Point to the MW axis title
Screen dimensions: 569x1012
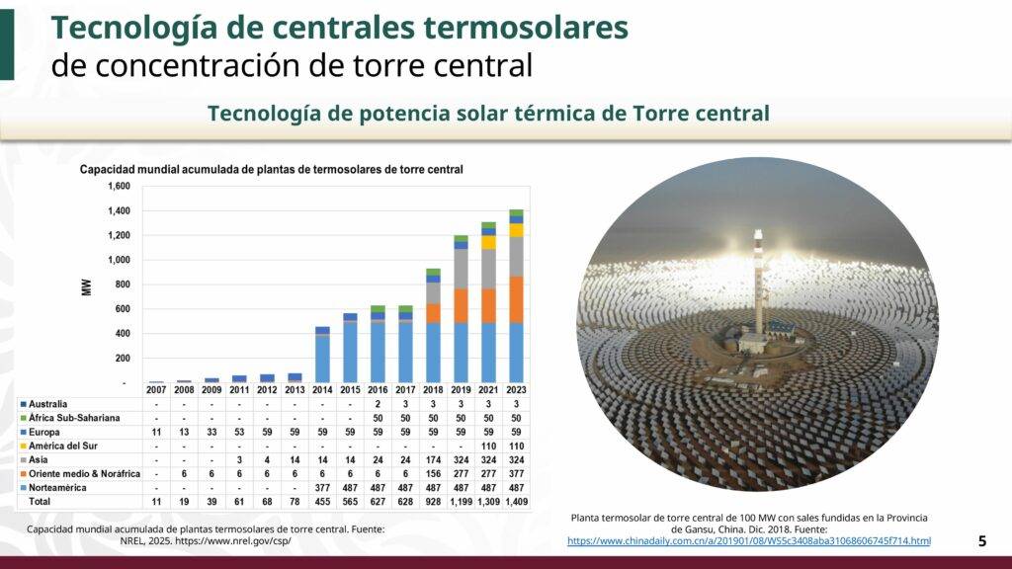pyautogui.click(x=87, y=286)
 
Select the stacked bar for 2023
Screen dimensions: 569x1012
pyautogui.click(x=516, y=296)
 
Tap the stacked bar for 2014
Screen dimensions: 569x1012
pyautogui.click(x=322, y=356)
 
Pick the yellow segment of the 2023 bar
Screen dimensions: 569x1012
pyautogui.click(x=516, y=230)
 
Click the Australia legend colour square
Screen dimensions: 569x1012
pyautogui.click(x=24, y=404)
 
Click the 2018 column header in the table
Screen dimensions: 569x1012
pyautogui.click(x=433, y=390)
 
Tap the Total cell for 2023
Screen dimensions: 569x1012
pyautogui.click(x=516, y=502)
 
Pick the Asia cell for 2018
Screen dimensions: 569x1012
pyautogui.click(x=433, y=460)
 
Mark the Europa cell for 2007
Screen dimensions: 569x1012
pyautogui.click(x=156, y=433)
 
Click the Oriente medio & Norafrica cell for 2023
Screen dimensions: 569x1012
pyautogui.click(x=516, y=474)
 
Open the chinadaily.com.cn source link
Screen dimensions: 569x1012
pyautogui.click(x=749, y=540)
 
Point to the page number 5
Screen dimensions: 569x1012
pyautogui.click(x=981, y=540)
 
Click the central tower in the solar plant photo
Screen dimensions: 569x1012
pyautogui.click(x=758, y=282)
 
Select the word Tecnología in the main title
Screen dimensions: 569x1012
pyautogui.click(x=128, y=28)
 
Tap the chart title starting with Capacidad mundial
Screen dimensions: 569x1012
pyautogui.click(x=272, y=170)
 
